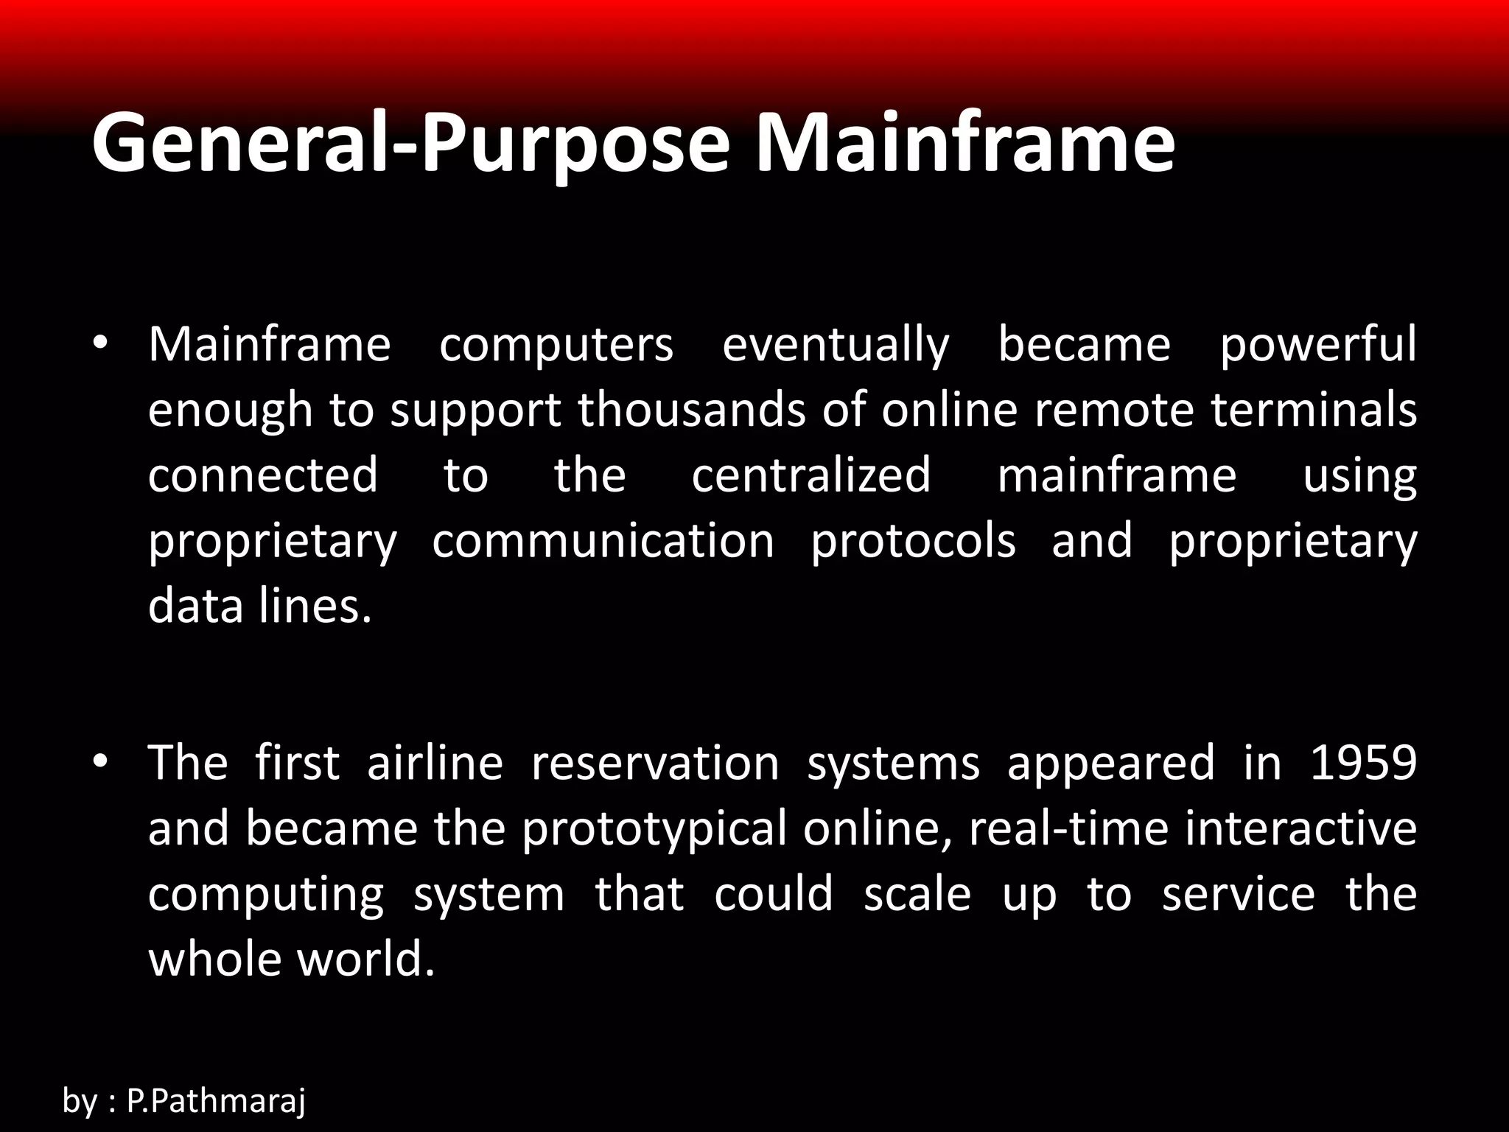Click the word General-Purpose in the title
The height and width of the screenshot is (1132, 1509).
coord(410,144)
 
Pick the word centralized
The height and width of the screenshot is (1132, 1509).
coord(811,475)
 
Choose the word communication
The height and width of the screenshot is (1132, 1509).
coord(603,541)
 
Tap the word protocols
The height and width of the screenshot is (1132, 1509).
coord(913,541)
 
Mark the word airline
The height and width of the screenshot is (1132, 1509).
coord(435,764)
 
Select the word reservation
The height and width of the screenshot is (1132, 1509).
coord(655,764)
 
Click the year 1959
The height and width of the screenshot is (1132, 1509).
coord(1363,764)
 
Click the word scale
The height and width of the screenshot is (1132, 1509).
coord(917,894)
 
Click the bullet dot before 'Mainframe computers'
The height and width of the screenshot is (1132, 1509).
coord(101,343)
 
